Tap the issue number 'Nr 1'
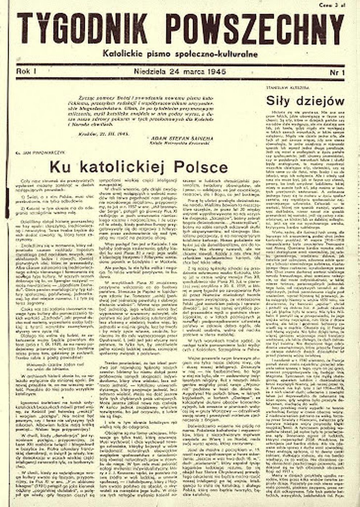pyautogui.click(x=337, y=72)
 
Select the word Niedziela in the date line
pyautogui.click(x=150, y=72)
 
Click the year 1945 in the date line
pyautogui.click(x=217, y=72)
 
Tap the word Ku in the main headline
pyautogui.click(x=59, y=167)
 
